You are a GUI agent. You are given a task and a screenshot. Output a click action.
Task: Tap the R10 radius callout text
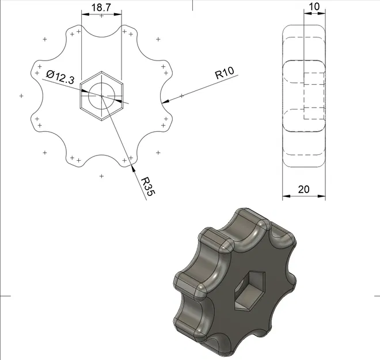224,74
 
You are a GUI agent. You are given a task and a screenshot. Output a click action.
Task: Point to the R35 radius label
147,187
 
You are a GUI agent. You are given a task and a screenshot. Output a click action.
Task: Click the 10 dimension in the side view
314,6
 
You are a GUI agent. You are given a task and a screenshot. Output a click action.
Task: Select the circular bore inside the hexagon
101,96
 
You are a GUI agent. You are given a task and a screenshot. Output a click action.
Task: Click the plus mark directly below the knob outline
101,176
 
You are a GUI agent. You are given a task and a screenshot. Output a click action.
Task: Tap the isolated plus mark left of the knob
21,96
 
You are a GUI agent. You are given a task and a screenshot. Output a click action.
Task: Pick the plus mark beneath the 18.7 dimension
101,16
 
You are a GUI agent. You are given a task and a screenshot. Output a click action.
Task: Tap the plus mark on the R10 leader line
181,96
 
